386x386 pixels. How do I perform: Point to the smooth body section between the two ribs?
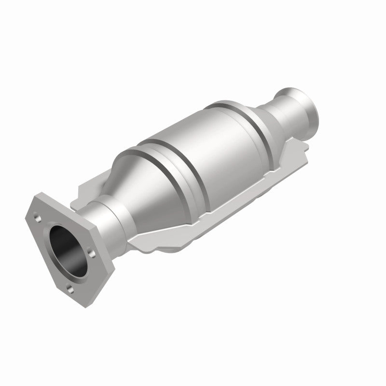(x=207, y=145)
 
